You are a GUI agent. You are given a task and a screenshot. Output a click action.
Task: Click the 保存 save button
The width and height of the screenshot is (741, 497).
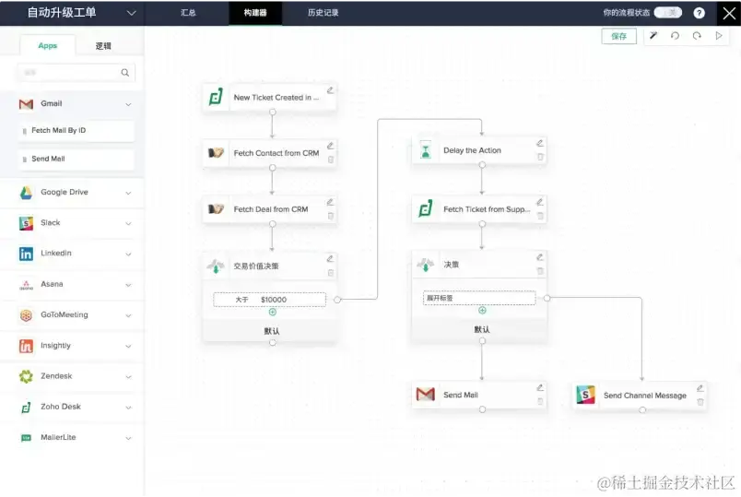tap(618, 36)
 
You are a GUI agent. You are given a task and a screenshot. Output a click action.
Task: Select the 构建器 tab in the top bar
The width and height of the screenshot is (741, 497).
tap(255, 13)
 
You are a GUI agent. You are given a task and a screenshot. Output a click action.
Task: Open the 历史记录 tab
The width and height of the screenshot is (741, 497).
tap(323, 13)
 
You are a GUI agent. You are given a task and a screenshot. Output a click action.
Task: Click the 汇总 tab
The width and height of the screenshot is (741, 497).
tap(189, 13)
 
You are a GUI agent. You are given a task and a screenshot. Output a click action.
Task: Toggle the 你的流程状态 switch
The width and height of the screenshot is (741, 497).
tap(668, 13)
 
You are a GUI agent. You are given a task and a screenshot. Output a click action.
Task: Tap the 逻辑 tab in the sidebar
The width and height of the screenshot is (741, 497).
tap(103, 45)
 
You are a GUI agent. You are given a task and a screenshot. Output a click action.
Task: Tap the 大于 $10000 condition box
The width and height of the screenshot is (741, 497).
tap(269, 300)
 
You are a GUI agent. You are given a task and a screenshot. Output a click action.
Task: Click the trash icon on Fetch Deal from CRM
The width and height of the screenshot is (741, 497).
tap(331, 216)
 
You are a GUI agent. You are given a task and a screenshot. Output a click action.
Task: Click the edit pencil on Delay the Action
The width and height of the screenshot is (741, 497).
tap(540, 143)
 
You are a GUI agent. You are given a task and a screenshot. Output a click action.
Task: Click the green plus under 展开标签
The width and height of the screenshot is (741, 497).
tap(482, 311)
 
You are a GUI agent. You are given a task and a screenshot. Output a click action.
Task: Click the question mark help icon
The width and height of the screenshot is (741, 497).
tap(700, 13)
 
